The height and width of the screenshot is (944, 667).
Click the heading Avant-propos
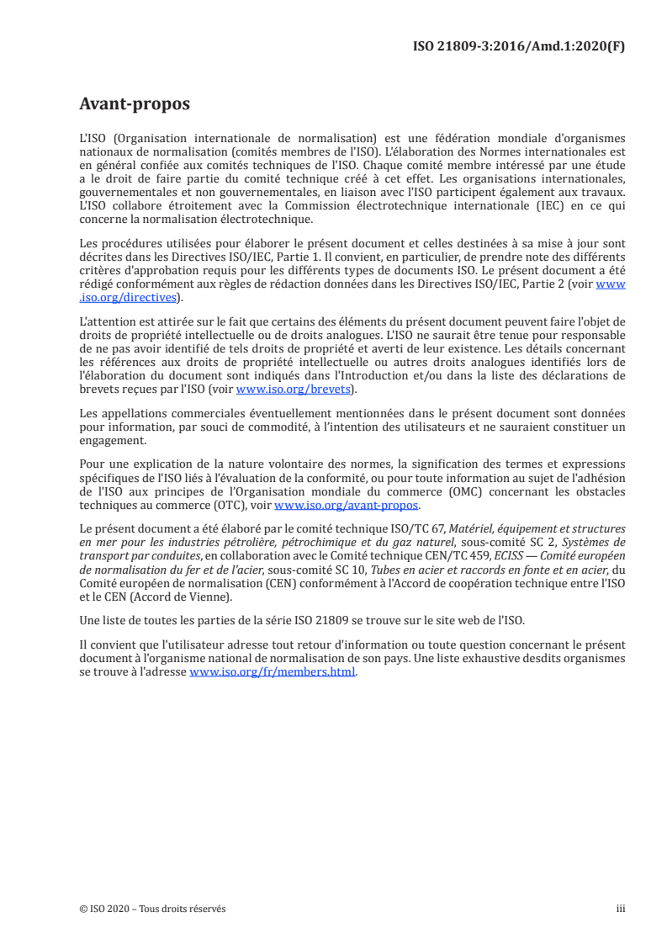[135, 105]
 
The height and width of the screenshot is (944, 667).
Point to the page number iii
[621, 909]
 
